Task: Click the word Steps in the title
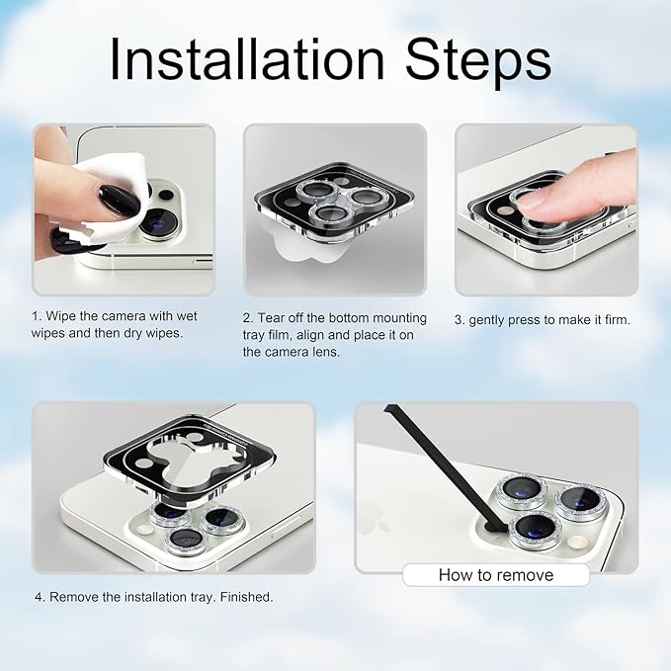478,62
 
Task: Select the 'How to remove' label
496,575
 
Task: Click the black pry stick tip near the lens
493,527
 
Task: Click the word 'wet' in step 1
186,316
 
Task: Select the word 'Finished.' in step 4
246,597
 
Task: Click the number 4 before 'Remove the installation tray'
40,597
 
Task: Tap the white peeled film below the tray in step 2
309,249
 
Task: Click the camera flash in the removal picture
577,543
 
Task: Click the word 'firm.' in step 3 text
617,319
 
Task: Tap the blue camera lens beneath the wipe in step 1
159,223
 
